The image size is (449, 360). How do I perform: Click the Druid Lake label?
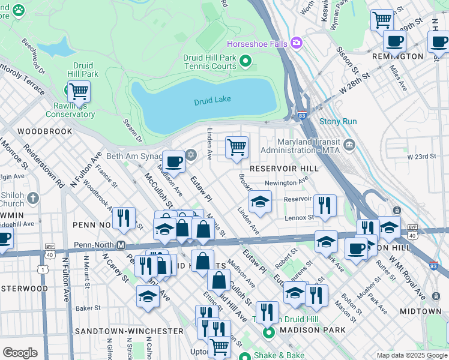[x=212, y=101]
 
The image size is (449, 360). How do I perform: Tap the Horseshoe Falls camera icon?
[x=296, y=43]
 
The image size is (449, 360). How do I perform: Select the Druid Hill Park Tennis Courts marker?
[x=245, y=61]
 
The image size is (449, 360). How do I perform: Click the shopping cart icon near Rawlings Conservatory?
[x=79, y=92]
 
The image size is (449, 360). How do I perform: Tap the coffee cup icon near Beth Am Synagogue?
[x=173, y=161]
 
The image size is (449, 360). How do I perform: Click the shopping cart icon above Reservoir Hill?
[x=237, y=146]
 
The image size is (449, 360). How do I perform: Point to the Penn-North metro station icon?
[x=121, y=245]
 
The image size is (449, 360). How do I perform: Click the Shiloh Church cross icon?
[x=33, y=197]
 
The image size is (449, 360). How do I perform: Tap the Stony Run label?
[x=338, y=121]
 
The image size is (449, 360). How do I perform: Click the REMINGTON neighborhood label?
[x=397, y=56]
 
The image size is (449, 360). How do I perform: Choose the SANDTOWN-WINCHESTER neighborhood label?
[x=129, y=331]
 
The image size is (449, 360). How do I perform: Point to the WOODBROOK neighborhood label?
[x=45, y=131]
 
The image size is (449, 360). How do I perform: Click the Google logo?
[x=20, y=353]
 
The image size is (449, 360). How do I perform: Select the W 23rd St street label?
[x=421, y=156]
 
